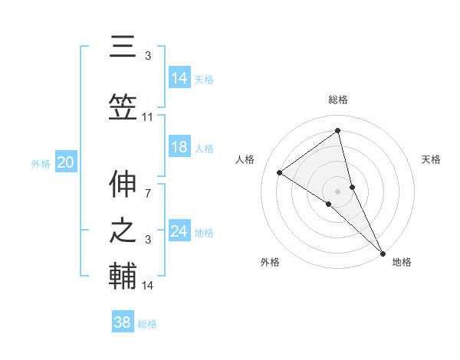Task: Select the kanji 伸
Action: pyautogui.click(x=123, y=185)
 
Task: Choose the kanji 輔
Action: pyautogui.click(x=123, y=277)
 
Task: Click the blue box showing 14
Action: pyautogui.click(x=179, y=78)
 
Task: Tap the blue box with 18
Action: pyautogui.click(x=179, y=148)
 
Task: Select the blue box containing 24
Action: pyautogui.click(x=179, y=231)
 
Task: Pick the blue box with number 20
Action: pyautogui.click(x=66, y=162)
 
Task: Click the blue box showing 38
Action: pyautogui.click(x=123, y=322)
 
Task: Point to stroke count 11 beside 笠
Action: pyautogui.click(x=148, y=117)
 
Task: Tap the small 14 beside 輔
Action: pyautogui.click(x=148, y=286)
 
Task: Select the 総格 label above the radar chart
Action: pyautogui.click(x=337, y=100)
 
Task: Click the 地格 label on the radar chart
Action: pyautogui.click(x=402, y=262)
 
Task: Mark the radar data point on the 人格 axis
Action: pyautogui.click(x=280, y=172)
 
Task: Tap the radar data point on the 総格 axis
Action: pyautogui.click(x=337, y=131)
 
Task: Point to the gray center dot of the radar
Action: pyautogui.click(x=337, y=191)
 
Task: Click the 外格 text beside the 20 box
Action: pyautogui.click(x=41, y=163)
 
